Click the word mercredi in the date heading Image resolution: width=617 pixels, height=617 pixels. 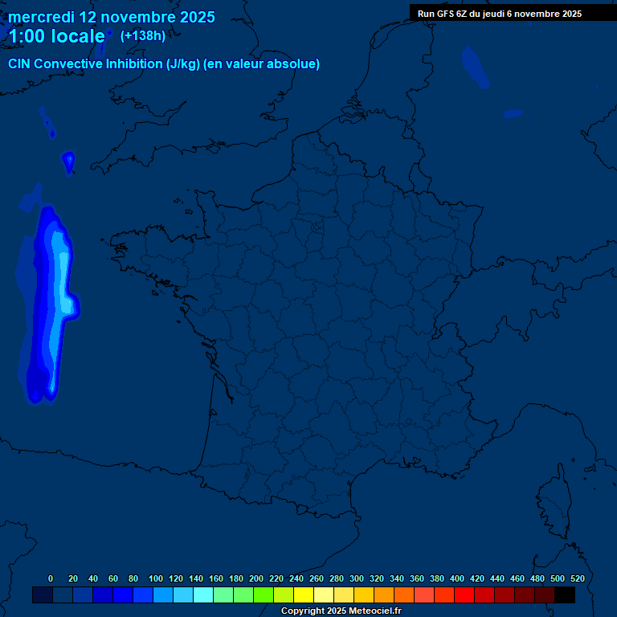[41, 17]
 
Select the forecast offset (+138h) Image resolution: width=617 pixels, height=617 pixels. [142, 35]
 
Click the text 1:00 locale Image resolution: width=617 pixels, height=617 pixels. [56, 36]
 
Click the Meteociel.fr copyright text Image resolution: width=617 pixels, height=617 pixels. [341, 611]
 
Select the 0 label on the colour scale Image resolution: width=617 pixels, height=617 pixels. [51, 578]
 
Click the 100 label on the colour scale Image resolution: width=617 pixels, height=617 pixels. [156, 578]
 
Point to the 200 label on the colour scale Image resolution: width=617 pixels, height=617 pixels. [256, 578]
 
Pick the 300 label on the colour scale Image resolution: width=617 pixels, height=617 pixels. [357, 578]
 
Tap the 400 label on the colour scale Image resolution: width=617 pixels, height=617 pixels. [457, 578]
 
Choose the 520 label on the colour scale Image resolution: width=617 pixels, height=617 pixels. [577, 578]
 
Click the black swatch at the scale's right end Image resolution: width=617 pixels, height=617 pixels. [565, 595]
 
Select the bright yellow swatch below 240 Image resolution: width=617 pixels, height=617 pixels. [304, 595]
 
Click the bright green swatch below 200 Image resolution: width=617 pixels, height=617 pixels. [264, 595]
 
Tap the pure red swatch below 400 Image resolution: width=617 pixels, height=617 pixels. [464, 595]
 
